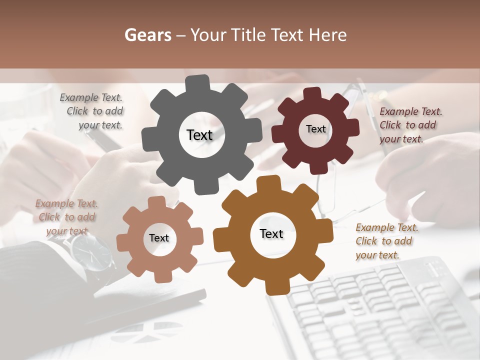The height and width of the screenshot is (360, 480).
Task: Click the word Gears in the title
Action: pos(147,35)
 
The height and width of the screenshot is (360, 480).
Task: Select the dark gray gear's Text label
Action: pos(199,135)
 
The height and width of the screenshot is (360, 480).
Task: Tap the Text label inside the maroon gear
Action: pos(315,129)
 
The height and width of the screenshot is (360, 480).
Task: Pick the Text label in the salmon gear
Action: pos(159,238)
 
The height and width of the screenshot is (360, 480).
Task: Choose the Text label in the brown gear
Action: pos(271,234)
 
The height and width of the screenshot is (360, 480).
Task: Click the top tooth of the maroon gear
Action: pos(313,93)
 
